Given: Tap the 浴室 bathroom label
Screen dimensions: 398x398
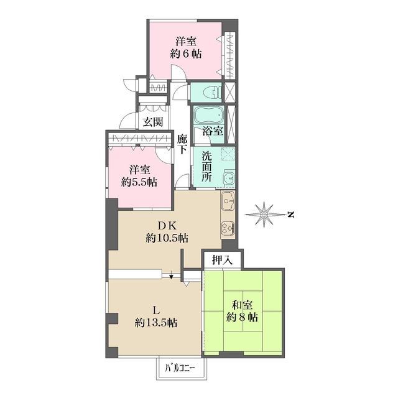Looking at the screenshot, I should tap(213, 131).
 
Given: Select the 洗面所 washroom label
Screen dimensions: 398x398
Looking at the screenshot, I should tap(206, 167).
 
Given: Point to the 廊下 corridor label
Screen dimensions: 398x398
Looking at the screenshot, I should tap(182, 145).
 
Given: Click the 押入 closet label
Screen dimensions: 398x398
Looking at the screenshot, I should tap(222, 260).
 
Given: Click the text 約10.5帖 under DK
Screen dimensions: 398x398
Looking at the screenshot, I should tap(167, 238).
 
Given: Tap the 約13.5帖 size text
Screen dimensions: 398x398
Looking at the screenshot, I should tap(157, 322).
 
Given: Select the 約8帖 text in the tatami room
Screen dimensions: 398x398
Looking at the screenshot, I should tap(243, 317).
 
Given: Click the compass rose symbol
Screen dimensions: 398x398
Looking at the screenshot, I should tap(266, 215).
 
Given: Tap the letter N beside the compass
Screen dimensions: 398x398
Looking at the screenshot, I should tap(290, 215).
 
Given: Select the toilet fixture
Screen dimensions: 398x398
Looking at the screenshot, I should tap(211, 93).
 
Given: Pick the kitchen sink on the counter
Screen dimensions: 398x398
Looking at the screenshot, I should tap(227, 203).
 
